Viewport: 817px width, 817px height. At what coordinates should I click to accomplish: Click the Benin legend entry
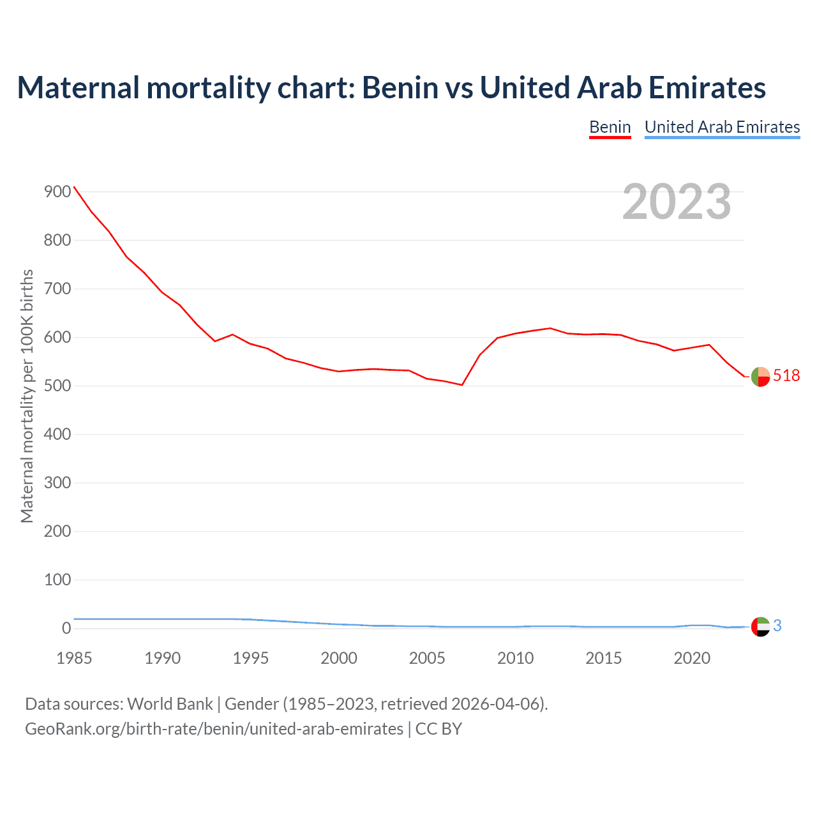tap(610, 127)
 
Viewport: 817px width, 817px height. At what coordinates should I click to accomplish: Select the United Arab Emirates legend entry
tap(722, 127)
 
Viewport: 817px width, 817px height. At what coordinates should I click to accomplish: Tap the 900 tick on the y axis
tap(57, 191)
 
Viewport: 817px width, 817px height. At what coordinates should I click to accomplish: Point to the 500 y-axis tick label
tap(57, 386)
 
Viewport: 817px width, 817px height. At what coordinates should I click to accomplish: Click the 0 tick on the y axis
tap(66, 628)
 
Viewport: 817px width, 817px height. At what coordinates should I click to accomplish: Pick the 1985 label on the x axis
tap(74, 658)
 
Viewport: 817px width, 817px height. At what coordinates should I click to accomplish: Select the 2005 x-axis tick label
tap(427, 658)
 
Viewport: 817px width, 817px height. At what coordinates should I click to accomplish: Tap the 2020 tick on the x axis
tap(692, 658)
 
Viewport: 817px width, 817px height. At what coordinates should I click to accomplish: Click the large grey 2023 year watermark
tap(677, 202)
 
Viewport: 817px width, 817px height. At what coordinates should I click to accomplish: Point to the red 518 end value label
tap(786, 376)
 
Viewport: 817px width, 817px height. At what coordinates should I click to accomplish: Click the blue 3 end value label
tap(777, 626)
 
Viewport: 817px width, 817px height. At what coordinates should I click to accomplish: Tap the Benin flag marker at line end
tap(760, 377)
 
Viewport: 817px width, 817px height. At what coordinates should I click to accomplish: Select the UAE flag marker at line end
tap(760, 627)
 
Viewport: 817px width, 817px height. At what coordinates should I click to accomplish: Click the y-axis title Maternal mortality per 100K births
tap(27, 396)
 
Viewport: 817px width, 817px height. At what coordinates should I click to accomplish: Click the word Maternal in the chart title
tap(78, 87)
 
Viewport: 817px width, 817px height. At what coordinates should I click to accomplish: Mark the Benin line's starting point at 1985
tap(74, 187)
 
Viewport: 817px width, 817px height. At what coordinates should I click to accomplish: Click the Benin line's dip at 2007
tap(462, 385)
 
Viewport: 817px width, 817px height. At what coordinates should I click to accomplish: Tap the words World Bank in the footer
tap(170, 704)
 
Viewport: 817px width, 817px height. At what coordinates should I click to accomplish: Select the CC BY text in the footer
tap(438, 729)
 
